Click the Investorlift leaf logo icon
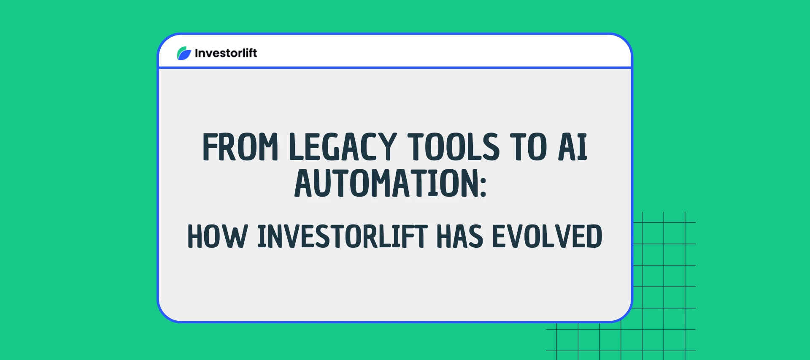[x=184, y=53]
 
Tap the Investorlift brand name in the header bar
[x=226, y=53]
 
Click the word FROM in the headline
[x=240, y=147]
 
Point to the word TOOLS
[x=454, y=147]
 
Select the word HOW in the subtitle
[x=217, y=236]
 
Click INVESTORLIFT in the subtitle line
[x=343, y=236]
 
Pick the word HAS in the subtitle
[x=459, y=236]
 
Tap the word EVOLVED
[x=547, y=236]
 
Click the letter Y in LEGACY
[x=387, y=147]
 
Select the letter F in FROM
[x=210, y=147]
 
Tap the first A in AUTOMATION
[x=305, y=183]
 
